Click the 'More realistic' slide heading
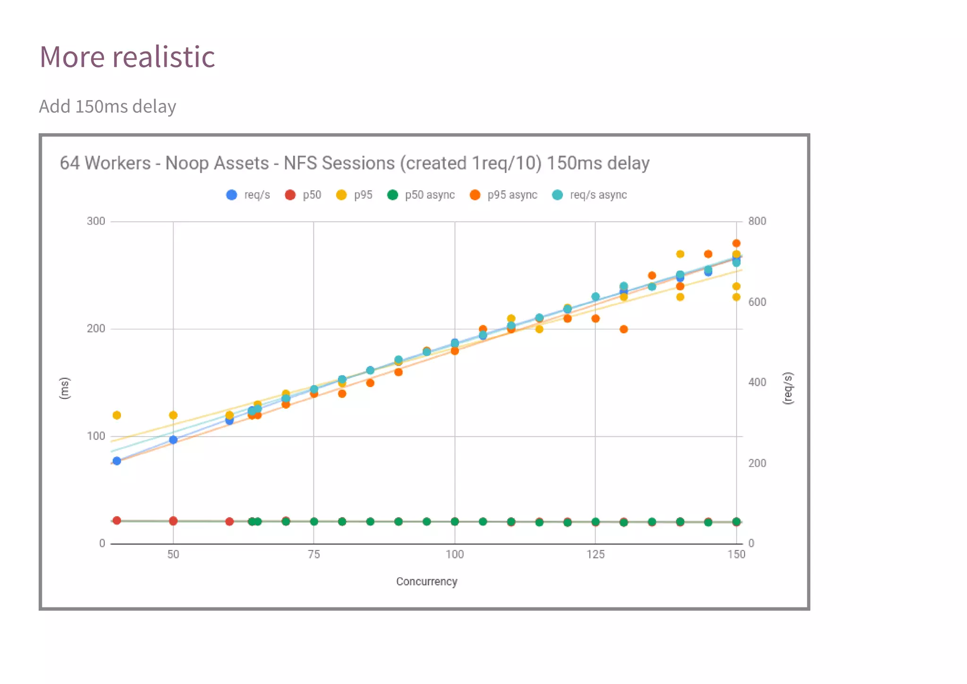click(127, 57)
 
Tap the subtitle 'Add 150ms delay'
click(107, 106)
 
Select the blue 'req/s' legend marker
click(231, 195)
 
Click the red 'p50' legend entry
click(303, 195)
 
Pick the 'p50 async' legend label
click(429, 195)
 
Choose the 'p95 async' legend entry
click(512, 195)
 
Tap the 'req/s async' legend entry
click(598, 195)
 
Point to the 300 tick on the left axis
click(96, 221)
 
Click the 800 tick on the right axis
click(757, 221)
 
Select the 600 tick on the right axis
click(757, 302)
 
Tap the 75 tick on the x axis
click(314, 554)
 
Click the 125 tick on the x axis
click(595, 554)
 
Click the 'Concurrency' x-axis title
click(426, 582)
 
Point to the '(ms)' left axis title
click(65, 388)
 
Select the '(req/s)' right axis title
click(788, 388)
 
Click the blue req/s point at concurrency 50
click(173, 440)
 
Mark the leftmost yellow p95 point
click(117, 415)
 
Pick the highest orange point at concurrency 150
click(736, 244)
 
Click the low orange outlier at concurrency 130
click(624, 329)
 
